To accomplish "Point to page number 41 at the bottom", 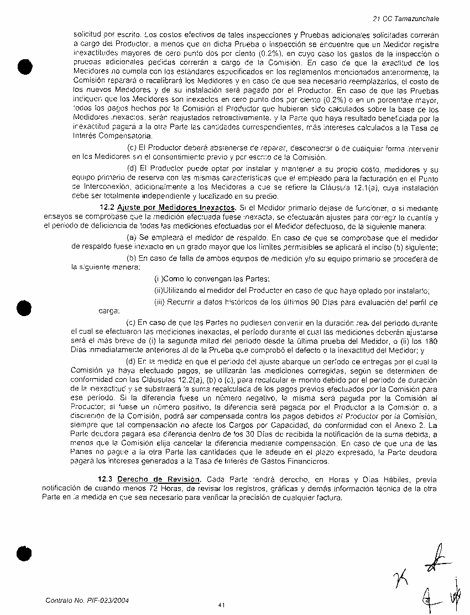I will point(221,605).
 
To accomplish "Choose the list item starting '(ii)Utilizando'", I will point(291,291).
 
